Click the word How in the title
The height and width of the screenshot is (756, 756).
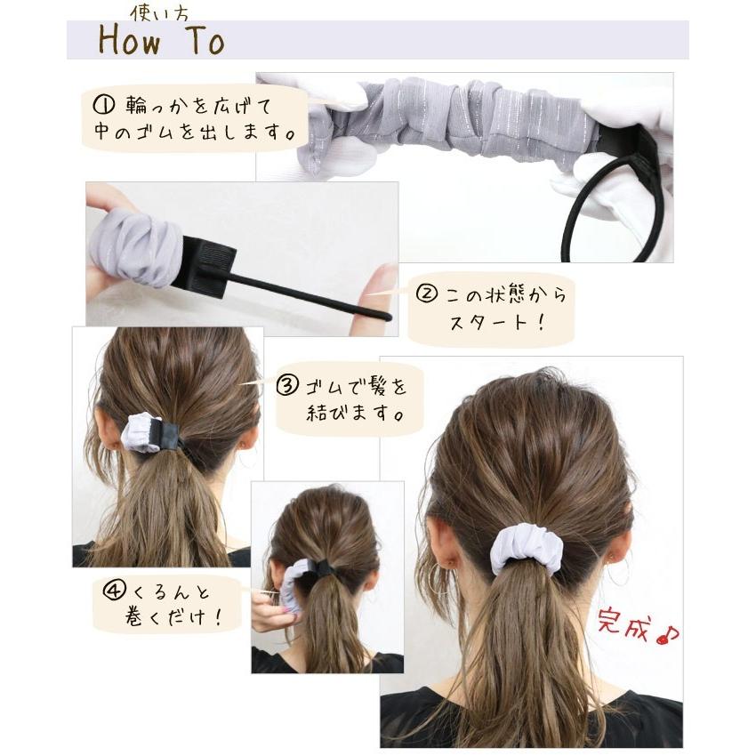click(x=130, y=40)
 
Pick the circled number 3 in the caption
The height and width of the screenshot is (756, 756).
click(x=288, y=386)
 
